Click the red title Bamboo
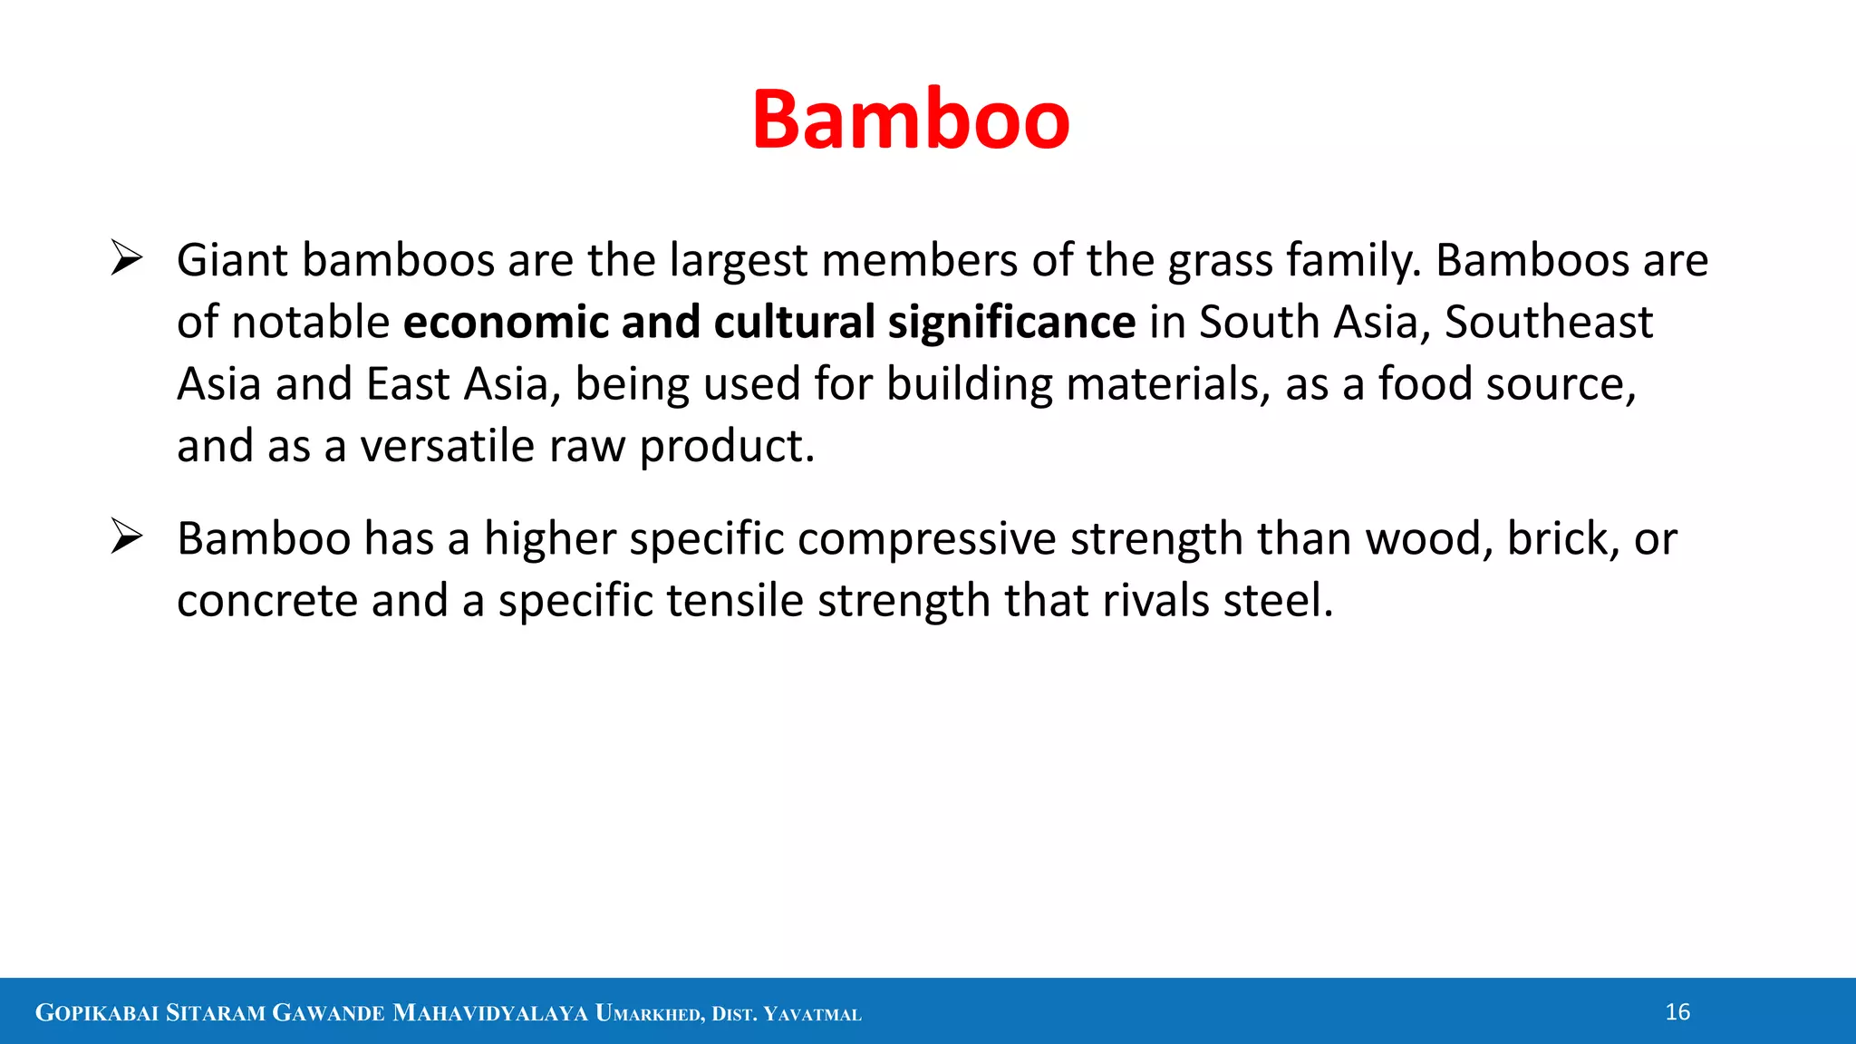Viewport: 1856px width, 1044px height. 911,120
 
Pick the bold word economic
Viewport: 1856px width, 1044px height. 506,323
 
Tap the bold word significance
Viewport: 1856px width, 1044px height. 1011,324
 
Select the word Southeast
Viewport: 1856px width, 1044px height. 1548,323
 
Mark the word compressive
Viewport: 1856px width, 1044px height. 926,540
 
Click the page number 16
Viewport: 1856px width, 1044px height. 1677,1012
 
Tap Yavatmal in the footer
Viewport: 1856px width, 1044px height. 812,1014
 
